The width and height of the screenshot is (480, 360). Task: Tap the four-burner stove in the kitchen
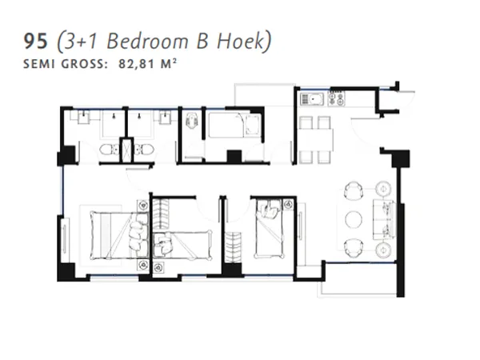tap(334, 100)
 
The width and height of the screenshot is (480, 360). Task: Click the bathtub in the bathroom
tap(233, 126)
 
